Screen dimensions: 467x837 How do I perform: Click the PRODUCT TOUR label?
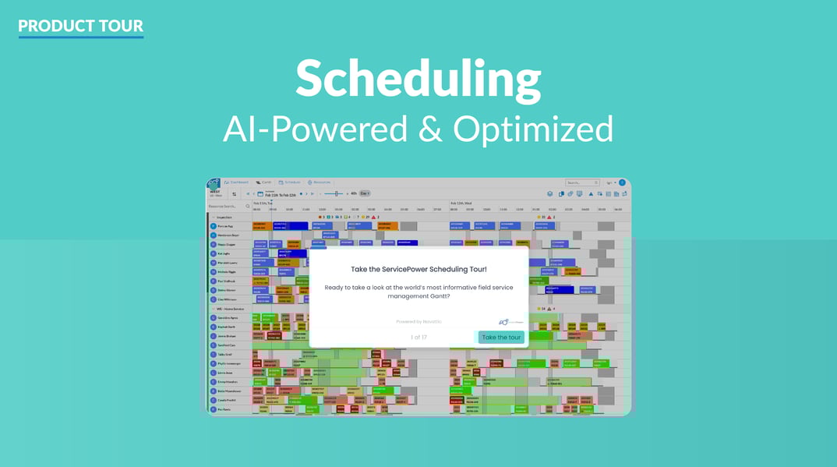coord(81,26)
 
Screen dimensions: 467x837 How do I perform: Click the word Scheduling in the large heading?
coord(418,79)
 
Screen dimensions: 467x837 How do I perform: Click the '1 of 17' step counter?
coord(418,338)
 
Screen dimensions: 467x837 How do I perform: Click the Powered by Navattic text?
coord(418,321)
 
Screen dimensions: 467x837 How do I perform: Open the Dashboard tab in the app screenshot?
coord(236,182)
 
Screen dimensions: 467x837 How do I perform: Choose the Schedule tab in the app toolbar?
coord(289,182)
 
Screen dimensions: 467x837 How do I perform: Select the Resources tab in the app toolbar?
coord(320,182)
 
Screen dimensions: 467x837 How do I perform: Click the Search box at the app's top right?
coord(581,182)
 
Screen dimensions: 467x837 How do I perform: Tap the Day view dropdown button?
coord(364,193)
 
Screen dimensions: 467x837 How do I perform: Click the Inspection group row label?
coord(224,218)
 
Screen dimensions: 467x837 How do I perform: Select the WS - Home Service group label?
coord(231,309)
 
